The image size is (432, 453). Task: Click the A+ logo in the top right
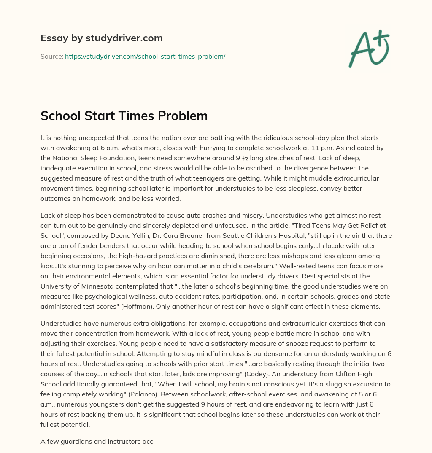point(369,48)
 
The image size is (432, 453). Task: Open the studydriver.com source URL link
point(145,56)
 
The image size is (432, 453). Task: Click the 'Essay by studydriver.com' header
point(101,38)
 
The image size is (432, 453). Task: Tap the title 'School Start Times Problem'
point(124,116)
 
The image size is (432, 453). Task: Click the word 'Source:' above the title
point(51,56)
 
